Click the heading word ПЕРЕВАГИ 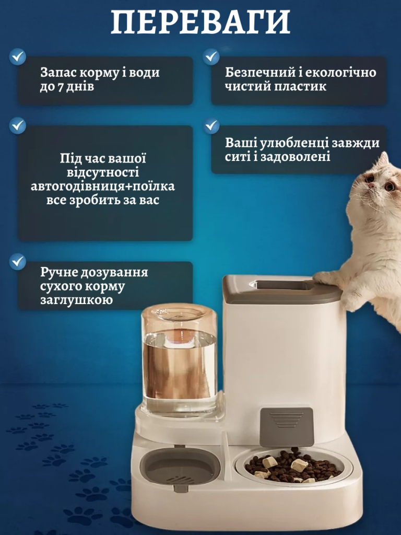pos(200,22)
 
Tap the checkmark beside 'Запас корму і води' pos(18,56)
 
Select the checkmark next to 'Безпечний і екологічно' pos(211,56)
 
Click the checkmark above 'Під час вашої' pos(18,125)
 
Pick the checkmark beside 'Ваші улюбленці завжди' pos(212,126)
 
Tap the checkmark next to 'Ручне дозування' pos(18,262)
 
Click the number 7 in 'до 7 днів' pos(60,87)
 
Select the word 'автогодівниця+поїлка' pos(103,187)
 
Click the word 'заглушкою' pos(76,300)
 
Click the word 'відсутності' pos(103,172)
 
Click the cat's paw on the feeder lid pos(326,278)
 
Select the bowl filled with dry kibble pos(293,466)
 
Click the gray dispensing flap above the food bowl pos(287,427)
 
